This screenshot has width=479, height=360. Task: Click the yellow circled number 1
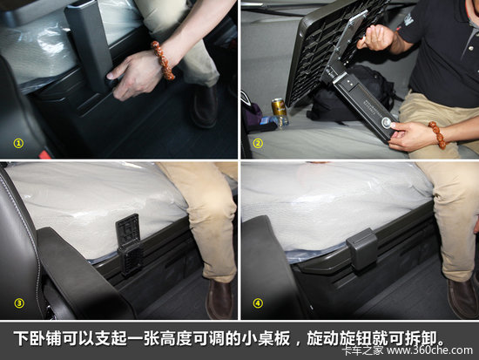(18, 143)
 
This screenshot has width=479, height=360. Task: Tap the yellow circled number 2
(258, 143)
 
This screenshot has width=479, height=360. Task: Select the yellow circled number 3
(19, 303)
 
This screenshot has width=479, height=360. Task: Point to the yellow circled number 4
(258, 303)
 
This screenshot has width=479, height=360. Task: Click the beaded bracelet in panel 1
(164, 60)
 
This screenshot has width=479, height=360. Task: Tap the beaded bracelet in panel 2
(437, 134)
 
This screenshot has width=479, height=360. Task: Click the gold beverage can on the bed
(279, 107)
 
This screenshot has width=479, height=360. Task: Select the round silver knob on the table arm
(387, 123)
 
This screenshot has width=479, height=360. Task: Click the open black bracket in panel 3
(130, 244)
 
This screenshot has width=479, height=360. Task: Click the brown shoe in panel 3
(219, 299)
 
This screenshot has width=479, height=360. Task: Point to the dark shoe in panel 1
(204, 106)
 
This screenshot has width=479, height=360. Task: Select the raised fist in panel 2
(377, 37)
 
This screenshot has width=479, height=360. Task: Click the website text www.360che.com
(429, 350)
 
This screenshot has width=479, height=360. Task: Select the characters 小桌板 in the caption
(266, 338)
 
